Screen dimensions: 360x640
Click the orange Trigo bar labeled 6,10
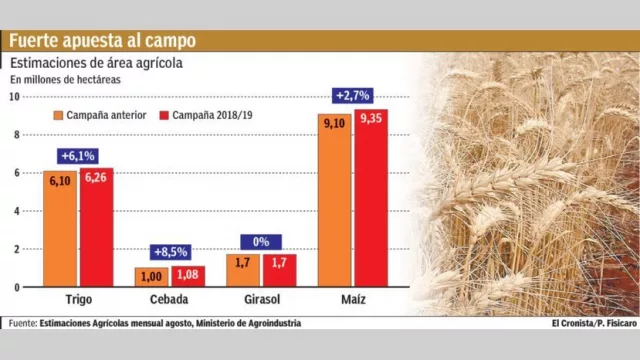[x=60, y=230]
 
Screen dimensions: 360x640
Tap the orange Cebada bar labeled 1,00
[x=151, y=277]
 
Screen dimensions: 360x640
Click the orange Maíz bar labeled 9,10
[x=334, y=200]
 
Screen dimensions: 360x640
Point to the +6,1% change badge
[x=78, y=156]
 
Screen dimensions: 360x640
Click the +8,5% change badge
[x=170, y=252]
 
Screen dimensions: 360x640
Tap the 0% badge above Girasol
[x=261, y=241]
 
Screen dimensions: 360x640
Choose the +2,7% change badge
[x=352, y=96]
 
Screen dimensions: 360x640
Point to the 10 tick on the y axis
[x=14, y=97]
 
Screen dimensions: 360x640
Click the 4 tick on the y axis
[x=16, y=211]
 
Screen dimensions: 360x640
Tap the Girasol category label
[x=261, y=300]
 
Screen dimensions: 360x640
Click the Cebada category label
[x=170, y=300]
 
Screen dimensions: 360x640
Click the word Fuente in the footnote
[x=20, y=323]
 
